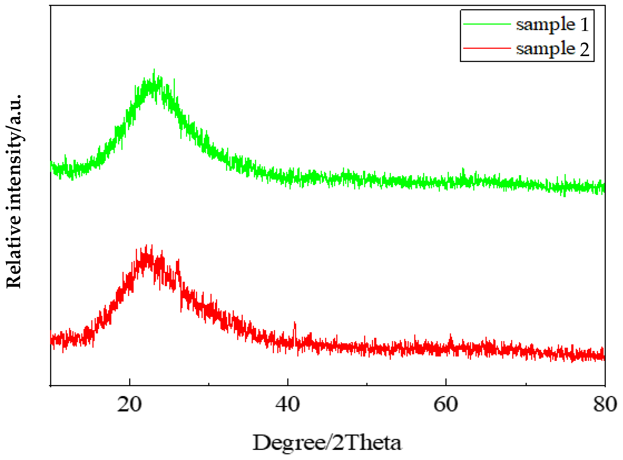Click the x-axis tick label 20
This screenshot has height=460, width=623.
pos(129,404)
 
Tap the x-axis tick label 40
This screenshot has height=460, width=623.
pos(287,404)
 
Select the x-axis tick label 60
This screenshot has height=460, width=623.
pos(446,404)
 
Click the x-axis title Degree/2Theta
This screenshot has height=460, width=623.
pos(327,443)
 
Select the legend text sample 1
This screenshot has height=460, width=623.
pos(552,24)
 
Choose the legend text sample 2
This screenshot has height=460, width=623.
pos(552,49)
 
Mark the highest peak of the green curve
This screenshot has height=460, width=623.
pos(154,70)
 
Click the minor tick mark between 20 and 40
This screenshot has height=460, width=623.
pos(209,384)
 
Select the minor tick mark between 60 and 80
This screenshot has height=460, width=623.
pos(526,384)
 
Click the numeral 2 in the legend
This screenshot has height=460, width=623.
pos(585,49)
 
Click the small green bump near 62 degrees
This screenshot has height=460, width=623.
pos(463,169)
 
